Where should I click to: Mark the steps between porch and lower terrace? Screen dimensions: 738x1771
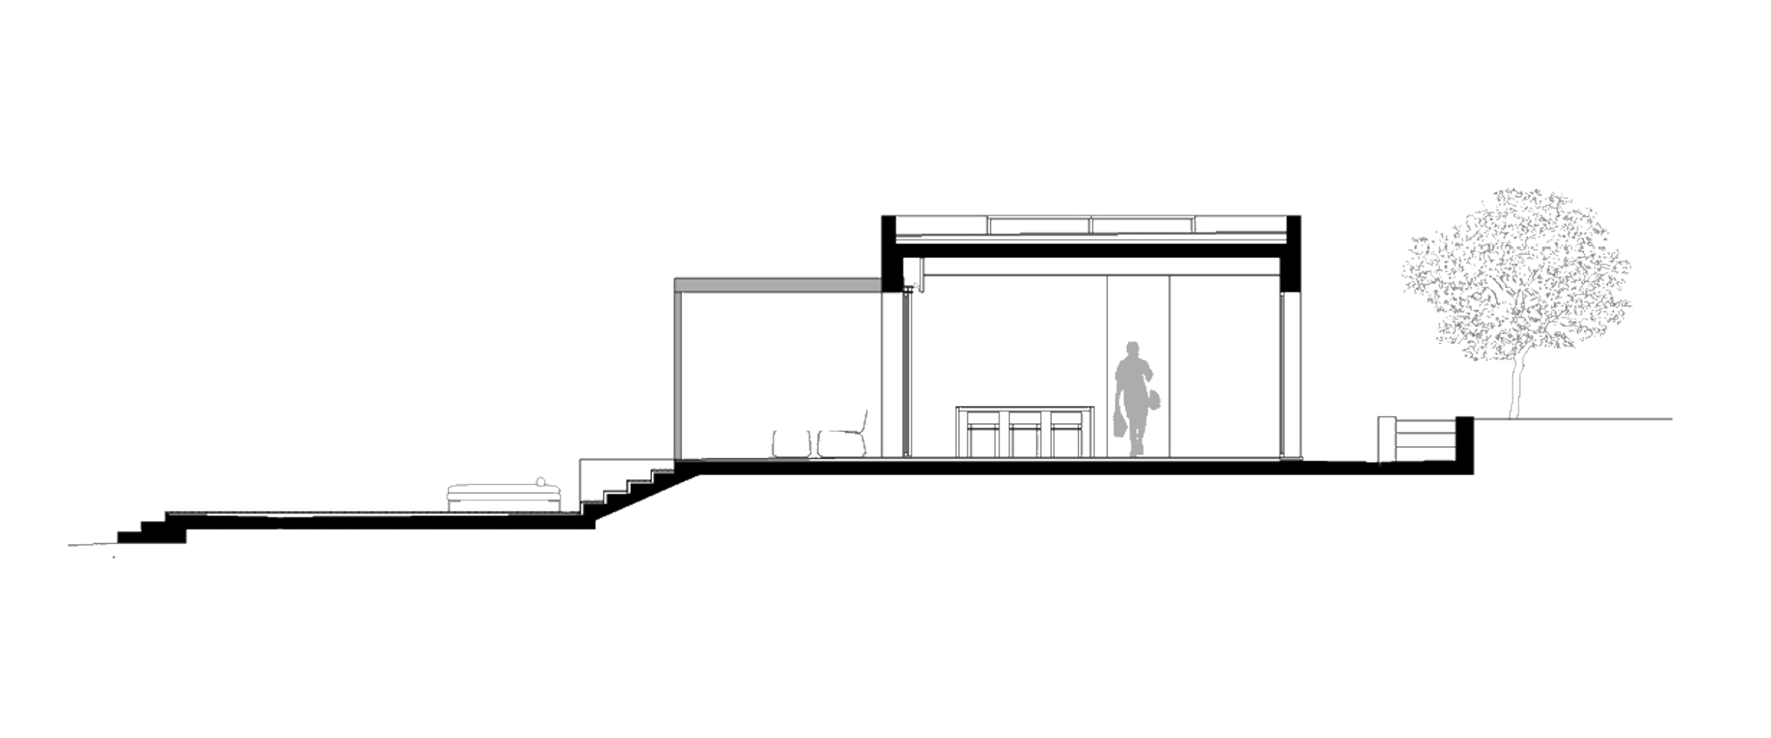(627, 483)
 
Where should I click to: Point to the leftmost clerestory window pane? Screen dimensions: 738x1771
(941, 226)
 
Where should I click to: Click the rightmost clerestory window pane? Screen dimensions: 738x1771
(1241, 226)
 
